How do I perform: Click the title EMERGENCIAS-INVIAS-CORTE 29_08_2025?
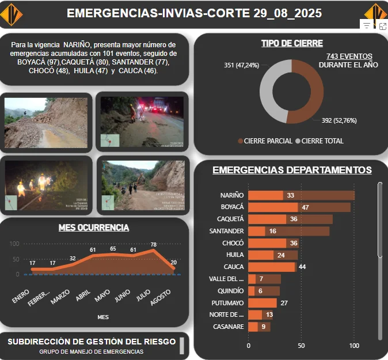(x=193, y=13)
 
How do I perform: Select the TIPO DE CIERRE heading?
(x=292, y=43)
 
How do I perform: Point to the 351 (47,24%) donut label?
(x=241, y=65)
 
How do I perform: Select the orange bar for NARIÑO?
(x=265, y=195)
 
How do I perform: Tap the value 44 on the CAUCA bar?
(x=302, y=267)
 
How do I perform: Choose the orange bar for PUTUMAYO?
(x=263, y=303)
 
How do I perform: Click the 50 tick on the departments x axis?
(x=301, y=346)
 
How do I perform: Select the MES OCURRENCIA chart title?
(x=94, y=228)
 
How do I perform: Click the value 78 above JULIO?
(x=154, y=245)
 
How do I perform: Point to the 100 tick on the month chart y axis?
(x=14, y=244)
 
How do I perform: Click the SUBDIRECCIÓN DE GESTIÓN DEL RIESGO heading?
(x=92, y=342)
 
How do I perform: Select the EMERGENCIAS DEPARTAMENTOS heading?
(x=292, y=170)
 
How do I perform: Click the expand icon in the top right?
(x=382, y=26)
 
